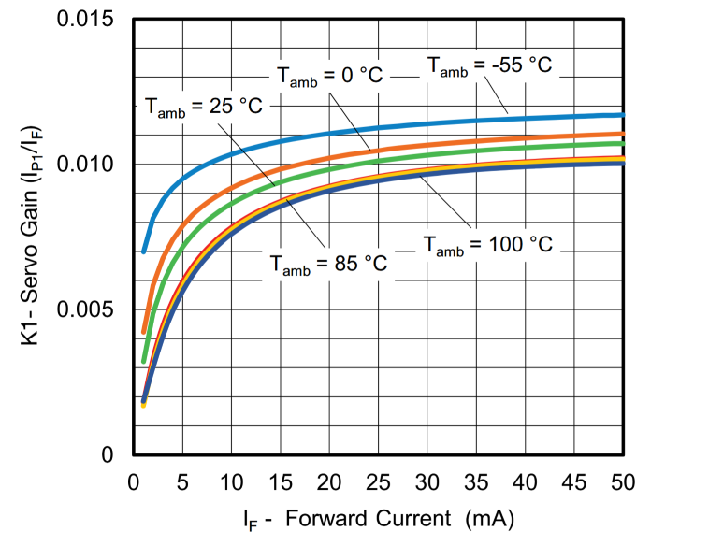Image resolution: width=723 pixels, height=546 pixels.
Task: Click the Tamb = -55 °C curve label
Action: (x=489, y=66)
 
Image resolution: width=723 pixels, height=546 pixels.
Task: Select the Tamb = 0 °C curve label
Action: (x=329, y=76)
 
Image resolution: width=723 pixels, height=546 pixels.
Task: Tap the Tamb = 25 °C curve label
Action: (x=204, y=107)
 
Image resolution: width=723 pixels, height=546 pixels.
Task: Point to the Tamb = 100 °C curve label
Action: (x=487, y=246)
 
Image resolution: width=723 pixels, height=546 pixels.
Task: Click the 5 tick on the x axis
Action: (x=182, y=482)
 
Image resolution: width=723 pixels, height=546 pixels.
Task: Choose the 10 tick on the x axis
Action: (x=231, y=482)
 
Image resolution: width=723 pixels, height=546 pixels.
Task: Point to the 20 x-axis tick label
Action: (x=329, y=482)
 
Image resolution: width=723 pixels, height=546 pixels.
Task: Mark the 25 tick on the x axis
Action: (x=378, y=482)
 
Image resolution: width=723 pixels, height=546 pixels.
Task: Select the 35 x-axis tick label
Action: (x=476, y=482)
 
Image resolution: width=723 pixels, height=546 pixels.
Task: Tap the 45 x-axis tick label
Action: (x=574, y=482)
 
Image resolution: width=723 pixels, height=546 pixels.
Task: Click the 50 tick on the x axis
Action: (x=623, y=482)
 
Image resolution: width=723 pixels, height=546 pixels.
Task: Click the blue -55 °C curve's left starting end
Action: (x=144, y=251)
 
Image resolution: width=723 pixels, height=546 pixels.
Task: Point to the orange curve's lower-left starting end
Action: (x=144, y=331)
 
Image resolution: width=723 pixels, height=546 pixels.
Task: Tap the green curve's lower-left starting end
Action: (x=144, y=360)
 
